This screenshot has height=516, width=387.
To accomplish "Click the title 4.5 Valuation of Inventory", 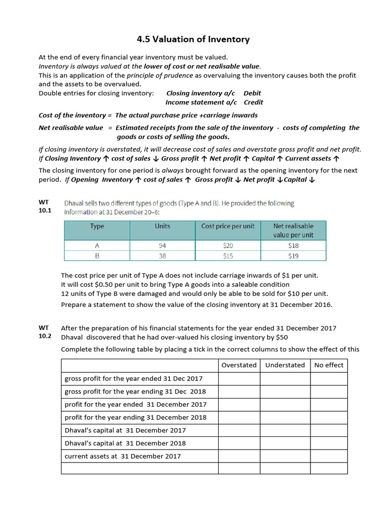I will point(193,39).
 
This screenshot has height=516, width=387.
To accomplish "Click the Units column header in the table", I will point(162,226).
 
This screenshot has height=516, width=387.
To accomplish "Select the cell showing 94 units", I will point(162,245).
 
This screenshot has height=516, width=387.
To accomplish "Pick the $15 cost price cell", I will point(228,255).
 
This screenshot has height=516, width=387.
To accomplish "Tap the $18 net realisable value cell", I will point(293,245).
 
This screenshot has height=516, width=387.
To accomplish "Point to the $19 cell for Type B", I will point(293,255).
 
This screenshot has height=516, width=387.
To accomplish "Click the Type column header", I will point(97,226).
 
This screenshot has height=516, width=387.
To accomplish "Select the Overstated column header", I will point(239,365).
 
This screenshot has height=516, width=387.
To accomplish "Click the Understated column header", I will point(285,365).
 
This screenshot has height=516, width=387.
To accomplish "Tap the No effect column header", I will point(329,365).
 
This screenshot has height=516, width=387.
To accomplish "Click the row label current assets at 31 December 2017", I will point(122,456).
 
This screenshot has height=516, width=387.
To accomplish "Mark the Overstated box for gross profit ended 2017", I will point(239,378).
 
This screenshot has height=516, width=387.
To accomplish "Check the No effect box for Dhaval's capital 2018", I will point(329,443).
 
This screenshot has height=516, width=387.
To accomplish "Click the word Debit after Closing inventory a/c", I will point(252,93).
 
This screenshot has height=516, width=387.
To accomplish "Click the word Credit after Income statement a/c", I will point(253,102).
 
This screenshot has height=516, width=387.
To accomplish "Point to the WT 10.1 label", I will point(45,207).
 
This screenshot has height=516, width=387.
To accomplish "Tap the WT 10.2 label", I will point(45,332).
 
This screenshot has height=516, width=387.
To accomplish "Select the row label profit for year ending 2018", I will point(136,417).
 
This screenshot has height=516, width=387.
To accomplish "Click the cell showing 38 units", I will point(162,255).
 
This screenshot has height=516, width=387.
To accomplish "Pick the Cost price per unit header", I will point(228,226).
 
